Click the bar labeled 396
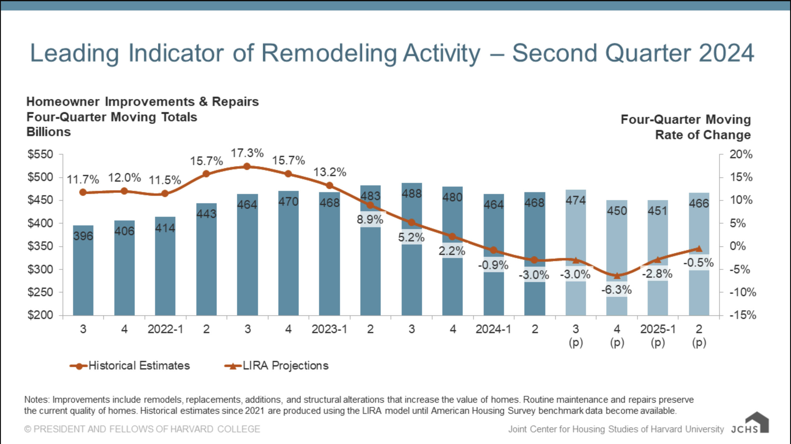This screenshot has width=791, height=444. pyautogui.click(x=83, y=271)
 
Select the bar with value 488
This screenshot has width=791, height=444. pyautogui.click(x=412, y=277)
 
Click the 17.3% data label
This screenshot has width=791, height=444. pyautogui.click(x=247, y=153)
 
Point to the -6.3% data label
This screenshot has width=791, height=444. pyautogui.click(x=617, y=290)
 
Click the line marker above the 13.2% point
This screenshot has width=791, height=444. pyautogui.click(x=330, y=185)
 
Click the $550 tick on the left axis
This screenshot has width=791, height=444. pyautogui.click(x=40, y=154)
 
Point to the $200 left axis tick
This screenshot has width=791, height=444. pyautogui.click(x=40, y=315)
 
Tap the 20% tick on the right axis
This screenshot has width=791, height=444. pyautogui.click(x=741, y=154)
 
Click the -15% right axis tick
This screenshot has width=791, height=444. pyautogui.click(x=743, y=315)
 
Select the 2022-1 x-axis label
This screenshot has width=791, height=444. pyautogui.click(x=165, y=329)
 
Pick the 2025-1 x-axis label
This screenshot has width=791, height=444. pyautogui.click(x=658, y=329)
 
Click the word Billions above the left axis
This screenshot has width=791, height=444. pyautogui.click(x=49, y=132)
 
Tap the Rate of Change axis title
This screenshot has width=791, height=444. pyautogui.click(x=703, y=135)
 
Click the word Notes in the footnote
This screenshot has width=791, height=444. pyautogui.click(x=36, y=400)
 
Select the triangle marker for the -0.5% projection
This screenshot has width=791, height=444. pyautogui.click(x=699, y=248)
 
